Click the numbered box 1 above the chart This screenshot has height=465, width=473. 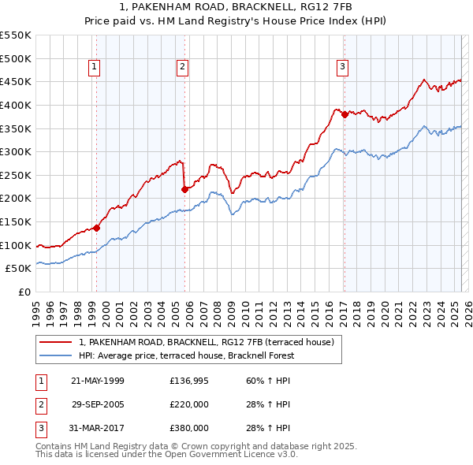tap(94, 68)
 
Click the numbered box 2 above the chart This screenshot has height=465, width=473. tap(182, 68)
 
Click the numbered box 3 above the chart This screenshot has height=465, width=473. tap(343, 68)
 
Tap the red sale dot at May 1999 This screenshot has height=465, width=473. tap(97, 228)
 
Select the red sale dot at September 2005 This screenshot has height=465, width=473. tap(184, 189)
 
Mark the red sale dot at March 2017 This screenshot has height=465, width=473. tap(345, 114)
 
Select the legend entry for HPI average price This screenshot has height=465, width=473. tap(185, 355)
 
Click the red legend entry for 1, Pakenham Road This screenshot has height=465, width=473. tap(207, 342)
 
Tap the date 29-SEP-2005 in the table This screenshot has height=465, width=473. tap(98, 404)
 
